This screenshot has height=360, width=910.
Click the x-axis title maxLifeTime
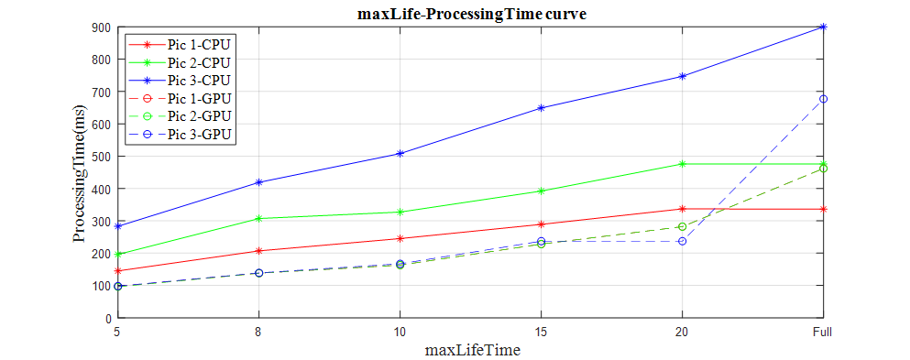click(470, 350)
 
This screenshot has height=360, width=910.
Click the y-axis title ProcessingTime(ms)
click(80, 172)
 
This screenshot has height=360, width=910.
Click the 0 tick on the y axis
click(106, 318)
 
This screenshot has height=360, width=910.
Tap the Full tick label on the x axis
click(822, 331)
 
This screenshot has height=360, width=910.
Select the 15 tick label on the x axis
click(541, 331)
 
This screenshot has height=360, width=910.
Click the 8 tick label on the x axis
click(258, 331)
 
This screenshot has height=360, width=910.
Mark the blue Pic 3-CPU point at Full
click(823, 27)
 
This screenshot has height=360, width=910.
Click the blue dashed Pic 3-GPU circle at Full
click(823, 99)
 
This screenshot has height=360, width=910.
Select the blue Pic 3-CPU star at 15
click(541, 108)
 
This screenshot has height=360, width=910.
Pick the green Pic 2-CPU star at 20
click(682, 164)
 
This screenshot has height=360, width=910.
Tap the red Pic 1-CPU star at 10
click(400, 238)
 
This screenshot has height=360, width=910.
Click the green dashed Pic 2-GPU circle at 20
click(682, 226)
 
